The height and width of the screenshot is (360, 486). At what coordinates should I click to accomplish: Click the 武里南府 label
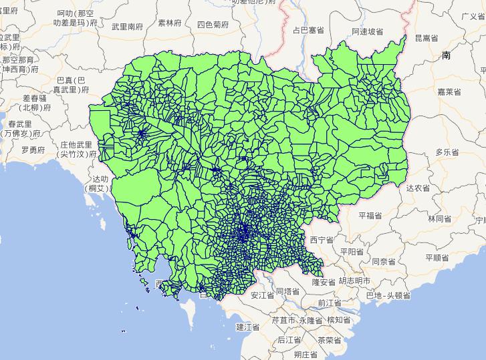pos(127,27)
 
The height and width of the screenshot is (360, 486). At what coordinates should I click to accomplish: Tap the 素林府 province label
pos(170,23)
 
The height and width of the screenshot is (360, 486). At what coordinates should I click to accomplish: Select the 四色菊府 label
pos(213,25)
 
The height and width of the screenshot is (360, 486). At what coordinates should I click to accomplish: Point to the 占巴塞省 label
pos(309,30)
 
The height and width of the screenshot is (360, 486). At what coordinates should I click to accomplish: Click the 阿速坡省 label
pos(367,31)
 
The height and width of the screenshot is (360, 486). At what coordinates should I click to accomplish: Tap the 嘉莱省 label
pos(448,92)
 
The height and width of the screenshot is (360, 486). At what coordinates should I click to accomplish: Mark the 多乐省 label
pos(447,152)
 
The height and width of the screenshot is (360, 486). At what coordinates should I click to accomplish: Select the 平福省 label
pos(369,216)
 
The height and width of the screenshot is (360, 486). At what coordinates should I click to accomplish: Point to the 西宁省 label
pos(322,239)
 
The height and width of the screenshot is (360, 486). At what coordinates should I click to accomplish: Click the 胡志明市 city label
pos(354,281)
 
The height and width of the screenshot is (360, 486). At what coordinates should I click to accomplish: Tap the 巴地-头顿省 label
pos(382,295)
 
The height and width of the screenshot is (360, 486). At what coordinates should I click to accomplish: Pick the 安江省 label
pos(263,294)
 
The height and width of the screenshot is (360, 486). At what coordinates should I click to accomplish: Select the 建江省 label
pos(247,327)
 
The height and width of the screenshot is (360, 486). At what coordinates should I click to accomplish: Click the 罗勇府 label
pos(33,150)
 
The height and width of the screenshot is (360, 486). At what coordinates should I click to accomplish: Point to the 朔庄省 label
pos(305,353)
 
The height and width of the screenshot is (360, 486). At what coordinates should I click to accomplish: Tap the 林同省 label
pos(440,218)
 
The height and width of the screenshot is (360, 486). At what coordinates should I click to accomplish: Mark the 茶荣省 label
pos(330,339)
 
